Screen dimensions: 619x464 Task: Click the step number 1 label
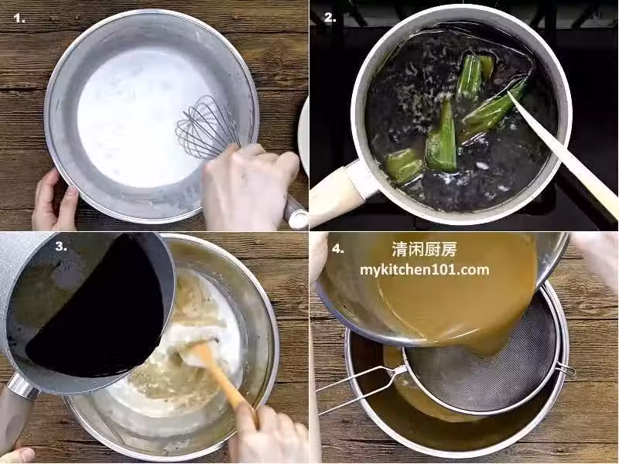(19, 18)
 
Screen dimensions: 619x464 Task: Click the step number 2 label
(330, 18)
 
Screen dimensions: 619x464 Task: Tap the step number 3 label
(61, 247)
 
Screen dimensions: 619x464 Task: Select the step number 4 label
(337, 249)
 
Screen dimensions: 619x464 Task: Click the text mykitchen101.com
(424, 270)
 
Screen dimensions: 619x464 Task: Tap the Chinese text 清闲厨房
(424, 249)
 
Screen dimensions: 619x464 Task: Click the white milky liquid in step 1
(139, 118)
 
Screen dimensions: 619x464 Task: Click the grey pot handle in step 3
(18, 411)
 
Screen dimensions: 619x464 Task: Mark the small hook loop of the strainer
(566, 370)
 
